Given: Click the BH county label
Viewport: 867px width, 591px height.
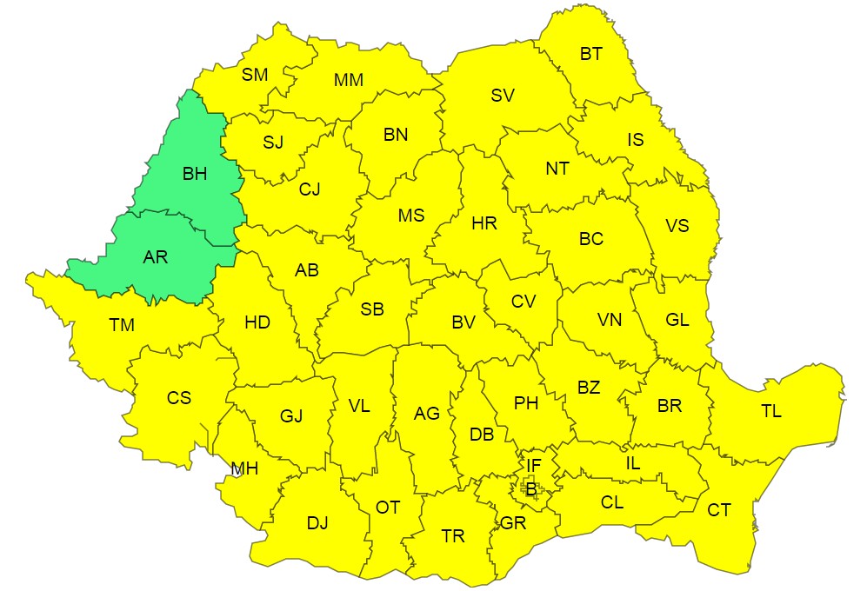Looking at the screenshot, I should pyautogui.click(x=195, y=174).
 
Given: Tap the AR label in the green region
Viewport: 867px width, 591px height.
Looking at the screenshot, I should pyautogui.click(x=156, y=257).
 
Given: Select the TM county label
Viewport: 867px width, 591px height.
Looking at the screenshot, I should pyautogui.click(x=122, y=325).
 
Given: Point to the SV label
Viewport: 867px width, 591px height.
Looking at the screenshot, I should pyautogui.click(x=503, y=96).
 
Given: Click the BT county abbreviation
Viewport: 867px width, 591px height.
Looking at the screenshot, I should pyautogui.click(x=591, y=54).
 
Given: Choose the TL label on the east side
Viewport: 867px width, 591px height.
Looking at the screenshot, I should pyautogui.click(x=770, y=412).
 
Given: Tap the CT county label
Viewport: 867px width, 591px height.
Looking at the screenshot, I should pyautogui.click(x=718, y=510).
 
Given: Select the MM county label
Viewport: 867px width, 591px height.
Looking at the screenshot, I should pyautogui.click(x=349, y=80).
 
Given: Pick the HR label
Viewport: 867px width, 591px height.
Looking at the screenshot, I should pyautogui.click(x=484, y=223).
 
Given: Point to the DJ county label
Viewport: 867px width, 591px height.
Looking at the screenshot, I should pyautogui.click(x=317, y=522).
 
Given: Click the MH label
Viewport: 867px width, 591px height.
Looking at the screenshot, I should pyautogui.click(x=244, y=469).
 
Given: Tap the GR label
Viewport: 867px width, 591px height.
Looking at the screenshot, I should pyautogui.click(x=513, y=523).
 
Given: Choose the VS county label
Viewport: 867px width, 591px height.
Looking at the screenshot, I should pyautogui.click(x=677, y=226).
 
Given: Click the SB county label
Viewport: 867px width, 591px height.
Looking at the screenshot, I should pyautogui.click(x=372, y=309).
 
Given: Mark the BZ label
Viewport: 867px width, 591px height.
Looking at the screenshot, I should pyautogui.click(x=589, y=388).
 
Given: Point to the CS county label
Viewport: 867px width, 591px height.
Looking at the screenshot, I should pyautogui.click(x=179, y=398).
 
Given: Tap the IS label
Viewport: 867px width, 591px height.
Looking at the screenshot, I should pyautogui.click(x=636, y=139).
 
